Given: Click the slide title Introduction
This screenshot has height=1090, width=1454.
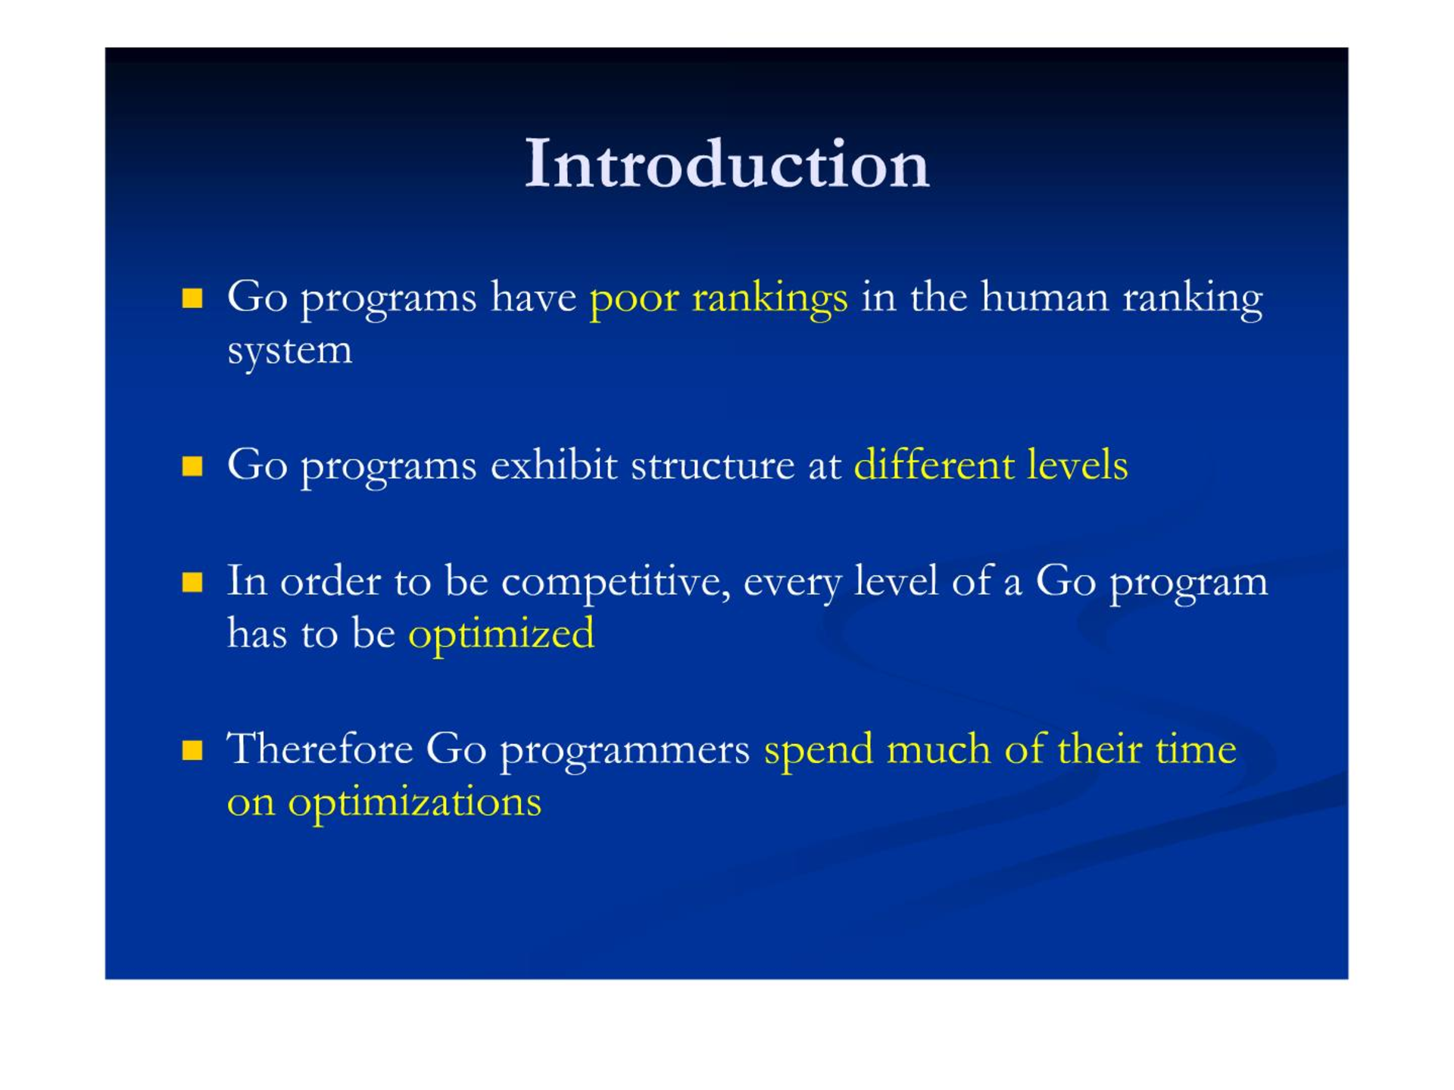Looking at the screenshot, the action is tap(727, 163).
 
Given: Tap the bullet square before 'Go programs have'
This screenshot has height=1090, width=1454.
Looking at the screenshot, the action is tap(192, 297).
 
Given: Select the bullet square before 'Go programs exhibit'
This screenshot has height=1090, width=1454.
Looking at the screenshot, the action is tap(192, 466).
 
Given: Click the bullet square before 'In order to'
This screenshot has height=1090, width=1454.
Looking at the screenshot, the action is tap(192, 582).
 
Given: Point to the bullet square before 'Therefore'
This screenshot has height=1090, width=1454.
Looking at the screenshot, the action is tap(192, 750).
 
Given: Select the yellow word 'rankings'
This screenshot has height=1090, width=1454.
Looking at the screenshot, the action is tap(769, 298).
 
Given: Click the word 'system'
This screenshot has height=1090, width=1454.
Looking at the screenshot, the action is tap(290, 351).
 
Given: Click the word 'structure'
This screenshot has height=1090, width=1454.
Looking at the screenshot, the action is tap(713, 465).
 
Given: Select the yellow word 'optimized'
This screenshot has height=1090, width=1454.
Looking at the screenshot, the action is tap(501, 634).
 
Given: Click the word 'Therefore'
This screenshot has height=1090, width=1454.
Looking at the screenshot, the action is tap(320, 749).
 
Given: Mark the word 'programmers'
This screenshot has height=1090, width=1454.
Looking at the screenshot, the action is tap(626, 752).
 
